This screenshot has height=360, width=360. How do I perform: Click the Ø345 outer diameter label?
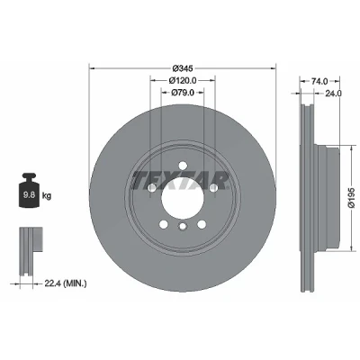pos(183,68)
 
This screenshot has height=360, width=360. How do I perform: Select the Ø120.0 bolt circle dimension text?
pos(183,80)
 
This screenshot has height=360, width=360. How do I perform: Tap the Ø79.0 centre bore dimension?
pos(183,93)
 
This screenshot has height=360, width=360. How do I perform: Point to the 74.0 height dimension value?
pos(319,81)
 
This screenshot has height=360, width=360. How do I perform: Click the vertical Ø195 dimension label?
pos(352,198)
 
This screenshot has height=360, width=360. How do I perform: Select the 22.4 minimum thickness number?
pos(51,283)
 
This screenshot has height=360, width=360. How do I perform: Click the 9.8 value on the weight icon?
pos(29,195)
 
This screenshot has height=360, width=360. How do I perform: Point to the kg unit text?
pos(47,196)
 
